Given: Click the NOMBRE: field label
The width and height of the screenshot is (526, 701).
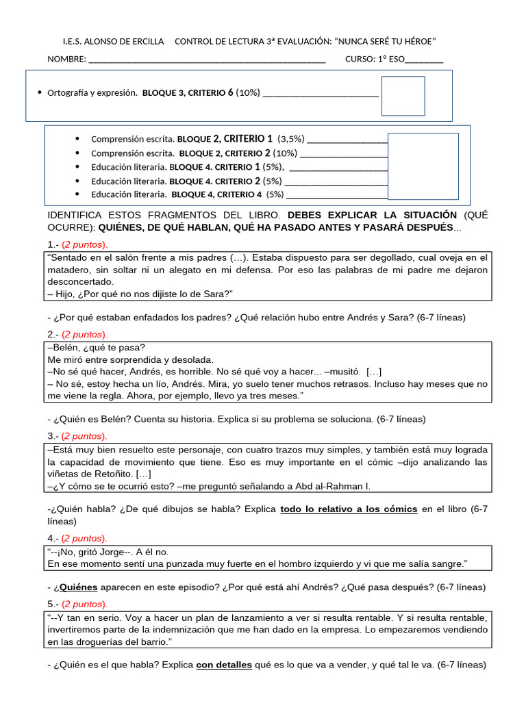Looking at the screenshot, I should (66, 59).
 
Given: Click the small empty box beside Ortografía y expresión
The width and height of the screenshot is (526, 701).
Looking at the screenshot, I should (403, 96).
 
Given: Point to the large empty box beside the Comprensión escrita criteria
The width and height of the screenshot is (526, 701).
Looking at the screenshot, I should (423, 166).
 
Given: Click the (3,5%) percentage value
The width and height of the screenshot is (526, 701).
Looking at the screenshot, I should (291, 138).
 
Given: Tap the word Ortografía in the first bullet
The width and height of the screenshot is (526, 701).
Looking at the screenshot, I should (71, 92).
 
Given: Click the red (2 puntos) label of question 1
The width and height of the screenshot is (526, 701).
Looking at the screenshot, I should (85, 244).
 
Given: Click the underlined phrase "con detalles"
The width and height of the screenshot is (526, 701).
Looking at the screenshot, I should (223, 664).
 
